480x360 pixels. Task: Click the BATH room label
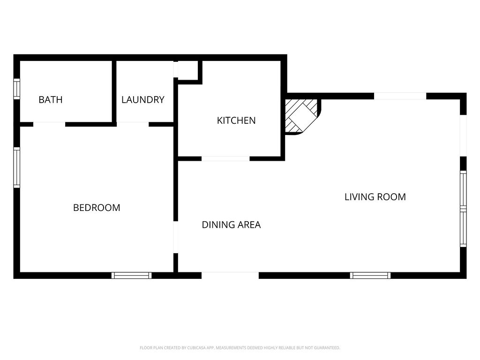(50, 100)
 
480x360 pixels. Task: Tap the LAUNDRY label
(143, 100)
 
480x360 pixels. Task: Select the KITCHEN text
(236, 120)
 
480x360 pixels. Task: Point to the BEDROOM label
(97, 208)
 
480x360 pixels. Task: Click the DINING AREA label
(231, 225)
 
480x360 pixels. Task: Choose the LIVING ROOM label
(375, 197)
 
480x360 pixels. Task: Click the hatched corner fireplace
(301, 115)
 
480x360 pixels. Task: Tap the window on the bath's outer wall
(16, 89)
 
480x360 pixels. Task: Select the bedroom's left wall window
(16, 167)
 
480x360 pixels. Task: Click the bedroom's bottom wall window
(131, 276)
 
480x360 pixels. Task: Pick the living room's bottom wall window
(370, 276)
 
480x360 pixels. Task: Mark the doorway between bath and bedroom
(49, 124)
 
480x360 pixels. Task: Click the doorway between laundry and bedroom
(133, 124)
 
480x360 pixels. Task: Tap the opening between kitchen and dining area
(225, 158)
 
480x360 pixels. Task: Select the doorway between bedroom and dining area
(176, 237)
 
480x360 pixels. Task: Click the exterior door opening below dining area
(230, 276)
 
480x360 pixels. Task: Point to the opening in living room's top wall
(400, 96)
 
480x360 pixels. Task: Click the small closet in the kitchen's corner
(188, 70)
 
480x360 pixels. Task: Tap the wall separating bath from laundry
(114, 90)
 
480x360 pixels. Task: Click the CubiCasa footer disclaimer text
(240, 348)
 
